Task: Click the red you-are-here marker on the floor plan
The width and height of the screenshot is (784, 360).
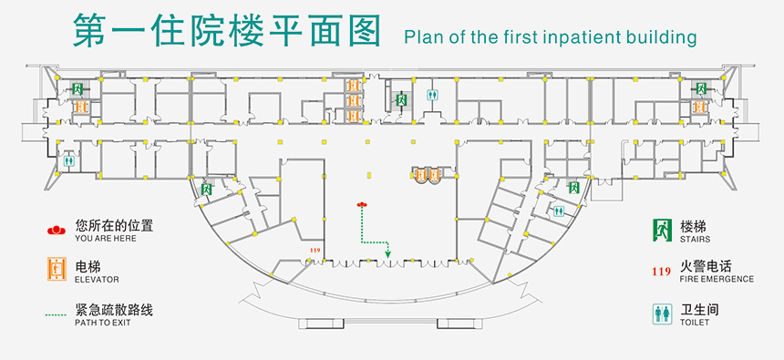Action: click(362, 204)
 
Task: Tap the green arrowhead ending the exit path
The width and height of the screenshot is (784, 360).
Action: click(387, 254)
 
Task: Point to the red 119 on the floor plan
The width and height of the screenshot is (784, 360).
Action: click(315, 251)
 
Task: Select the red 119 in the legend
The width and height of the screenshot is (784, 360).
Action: click(661, 272)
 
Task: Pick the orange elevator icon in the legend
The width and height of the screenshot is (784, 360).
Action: click(57, 269)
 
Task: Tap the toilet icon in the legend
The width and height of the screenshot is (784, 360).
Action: click(662, 314)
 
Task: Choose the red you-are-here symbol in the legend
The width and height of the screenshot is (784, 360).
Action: click(56, 230)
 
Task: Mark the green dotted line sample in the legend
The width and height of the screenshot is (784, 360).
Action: click(56, 315)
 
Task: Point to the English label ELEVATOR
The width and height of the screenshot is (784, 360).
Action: click(97, 280)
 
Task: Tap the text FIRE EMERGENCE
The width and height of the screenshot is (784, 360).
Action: click(717, 279)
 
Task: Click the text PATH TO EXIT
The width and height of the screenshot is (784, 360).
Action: click(102, 323)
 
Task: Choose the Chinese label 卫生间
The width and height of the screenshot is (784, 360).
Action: click(699, 310)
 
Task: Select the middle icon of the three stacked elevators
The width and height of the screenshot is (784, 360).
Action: click(353, 101)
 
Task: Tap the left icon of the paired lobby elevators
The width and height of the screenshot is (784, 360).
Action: click(420, 174)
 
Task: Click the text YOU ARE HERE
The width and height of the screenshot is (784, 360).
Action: click(106, 239)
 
